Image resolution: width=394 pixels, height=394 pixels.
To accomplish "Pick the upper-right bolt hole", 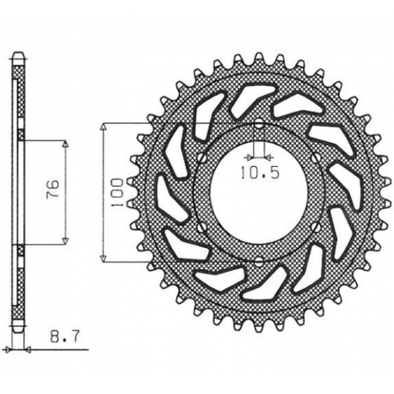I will click(x=317, y=157).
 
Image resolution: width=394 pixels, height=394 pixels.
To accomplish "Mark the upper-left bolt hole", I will click(x=198, y=157).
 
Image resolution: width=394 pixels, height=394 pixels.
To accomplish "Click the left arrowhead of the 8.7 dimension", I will click(x=11, y=350).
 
